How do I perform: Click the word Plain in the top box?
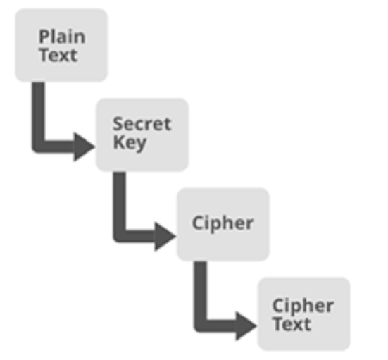(63, 37)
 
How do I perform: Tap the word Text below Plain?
(58, 55)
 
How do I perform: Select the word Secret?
(142, 123)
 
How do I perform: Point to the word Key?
(130, 143)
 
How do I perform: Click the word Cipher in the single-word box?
(223, 224)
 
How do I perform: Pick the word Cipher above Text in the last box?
(303, 306)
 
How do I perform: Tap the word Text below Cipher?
(292, 324)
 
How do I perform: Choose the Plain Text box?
(61, 45)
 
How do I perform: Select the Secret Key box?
(142, 135)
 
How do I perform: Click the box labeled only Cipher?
(223, 224)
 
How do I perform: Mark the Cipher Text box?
(304, 314)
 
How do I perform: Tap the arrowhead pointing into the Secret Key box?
(82, 147)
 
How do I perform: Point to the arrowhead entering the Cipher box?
(163, 237)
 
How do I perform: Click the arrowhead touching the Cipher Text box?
(245, 326)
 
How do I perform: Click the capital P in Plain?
(44, 37)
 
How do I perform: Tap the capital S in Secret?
(118, 124)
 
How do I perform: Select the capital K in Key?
(118, 142)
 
